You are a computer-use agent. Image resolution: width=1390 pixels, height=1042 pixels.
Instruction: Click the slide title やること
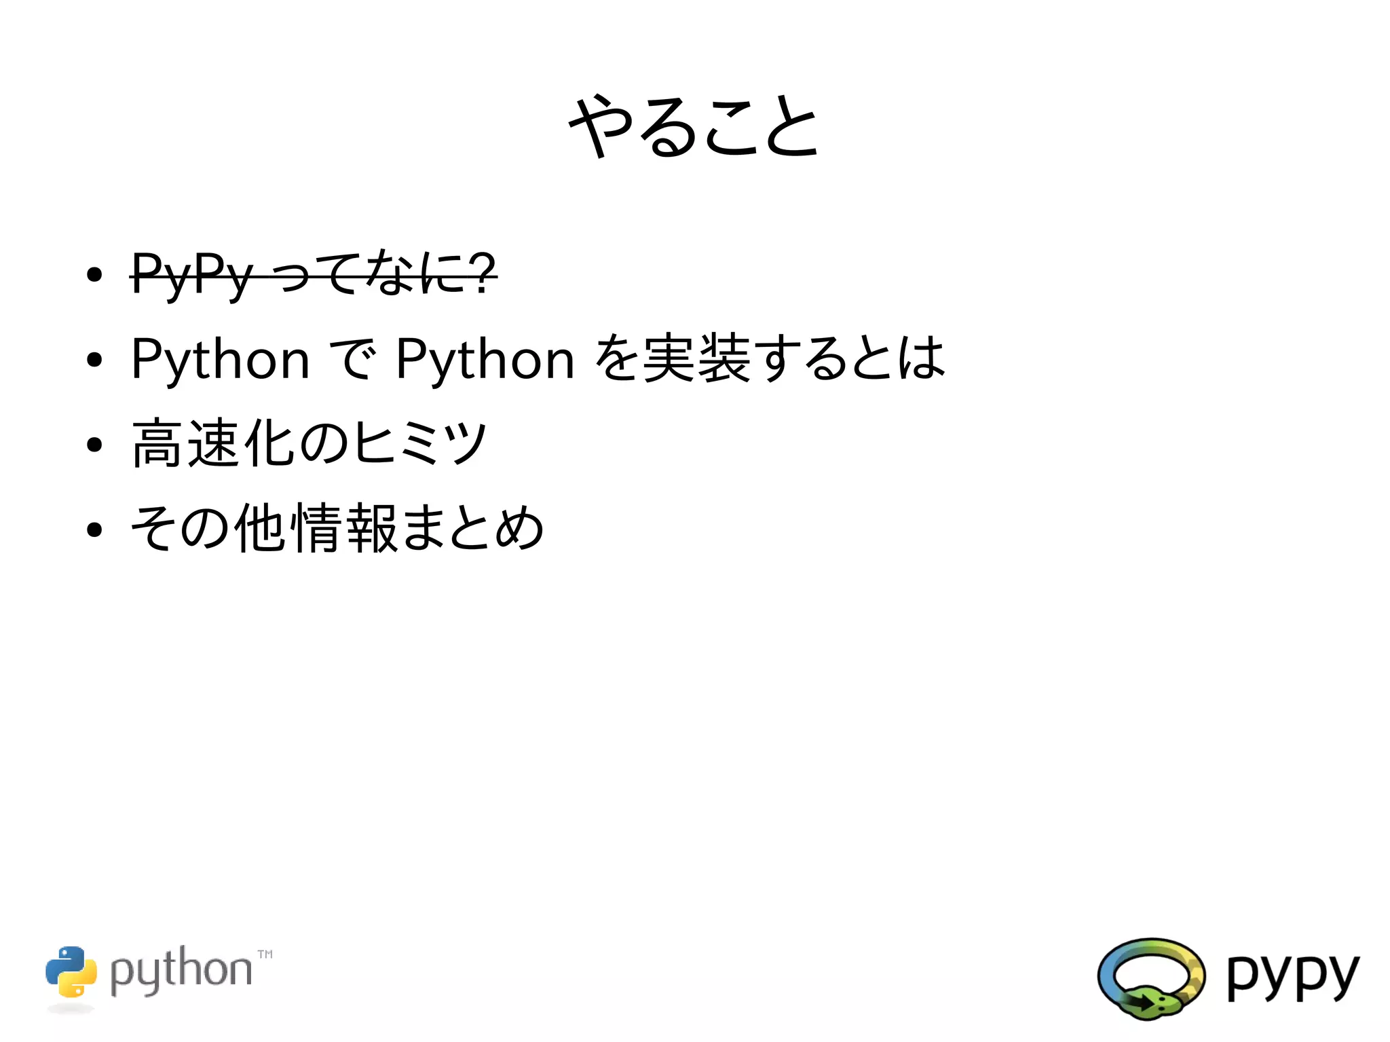point(694,126)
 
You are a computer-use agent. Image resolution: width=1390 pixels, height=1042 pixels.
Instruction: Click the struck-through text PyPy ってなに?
point(314,274)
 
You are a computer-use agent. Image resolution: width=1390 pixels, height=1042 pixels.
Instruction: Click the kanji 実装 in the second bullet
point(696,358)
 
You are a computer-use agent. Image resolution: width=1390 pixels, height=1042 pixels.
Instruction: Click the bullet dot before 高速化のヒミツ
point(94,445)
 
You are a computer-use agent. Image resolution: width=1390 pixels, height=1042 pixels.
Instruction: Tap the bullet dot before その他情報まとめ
point(94,530)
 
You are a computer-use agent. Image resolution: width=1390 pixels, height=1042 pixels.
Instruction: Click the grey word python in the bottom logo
point(181,971)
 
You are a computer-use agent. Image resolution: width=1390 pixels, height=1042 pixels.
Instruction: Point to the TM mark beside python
point(265,954)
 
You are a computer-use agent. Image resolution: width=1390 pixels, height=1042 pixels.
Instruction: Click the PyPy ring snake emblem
point(1151,978)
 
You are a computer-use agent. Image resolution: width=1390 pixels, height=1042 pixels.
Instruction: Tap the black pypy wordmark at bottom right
point(1292,976)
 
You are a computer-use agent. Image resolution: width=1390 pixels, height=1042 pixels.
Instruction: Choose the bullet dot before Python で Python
point(94,360)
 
